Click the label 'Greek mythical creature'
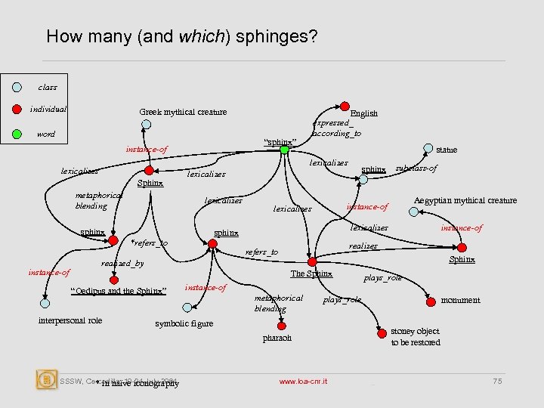(x=183, y=113)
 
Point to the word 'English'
(x=364, y=113)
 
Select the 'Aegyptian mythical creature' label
(x=465, y=200)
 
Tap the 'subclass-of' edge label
(x=416, y=168)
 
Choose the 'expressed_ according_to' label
(x=337, y=128)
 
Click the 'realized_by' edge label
(x=122, y=264)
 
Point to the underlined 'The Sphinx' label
(x=312, y=274)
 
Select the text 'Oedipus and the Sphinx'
(x=118, y=291)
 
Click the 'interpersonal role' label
(x=70, y=320)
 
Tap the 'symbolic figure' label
(x=184, y=323)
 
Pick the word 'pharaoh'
(x=277, y=338)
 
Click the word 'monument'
(x=460, y=300)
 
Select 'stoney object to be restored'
(x=416, y=337)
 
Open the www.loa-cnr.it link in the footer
(x=303, y=382)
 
